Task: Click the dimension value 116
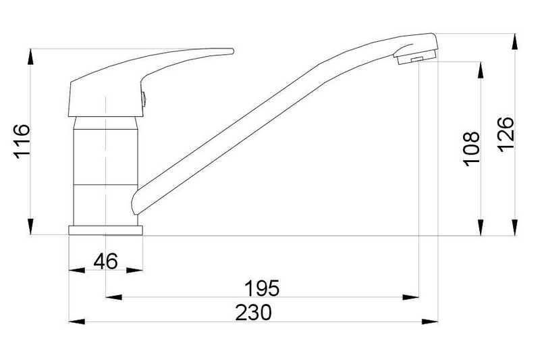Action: pyautogui.click(x=22, y=141)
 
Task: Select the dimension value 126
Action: pyautogui.click(x=506, y=134)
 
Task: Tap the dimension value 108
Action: pyautogui.click(x=471, y=149)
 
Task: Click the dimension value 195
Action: pyautogui.click(x=262, y=288)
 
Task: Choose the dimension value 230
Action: pyautogui.click(x=254, y=313)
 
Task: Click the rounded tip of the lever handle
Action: pyautogui.click(x=232, y=51)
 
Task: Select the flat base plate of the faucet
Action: pyautogui.click(x=105, y=230)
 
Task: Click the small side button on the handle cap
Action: pyautogui.click(x=144, y=99)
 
